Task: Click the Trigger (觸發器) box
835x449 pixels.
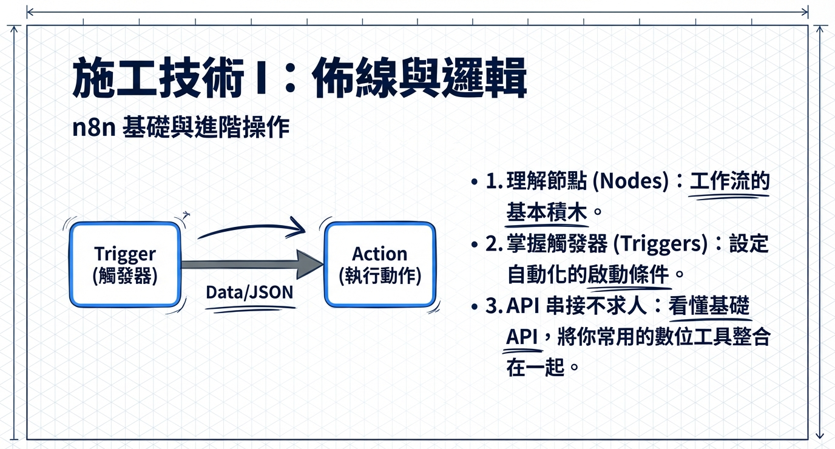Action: (125, 265)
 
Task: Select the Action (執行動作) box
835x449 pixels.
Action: (380, 265)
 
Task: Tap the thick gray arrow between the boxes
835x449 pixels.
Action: (251, 264)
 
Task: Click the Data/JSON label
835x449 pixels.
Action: (249, 292)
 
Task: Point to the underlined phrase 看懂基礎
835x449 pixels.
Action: (710, 306)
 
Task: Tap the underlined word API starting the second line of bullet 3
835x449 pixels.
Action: (522, 337)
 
